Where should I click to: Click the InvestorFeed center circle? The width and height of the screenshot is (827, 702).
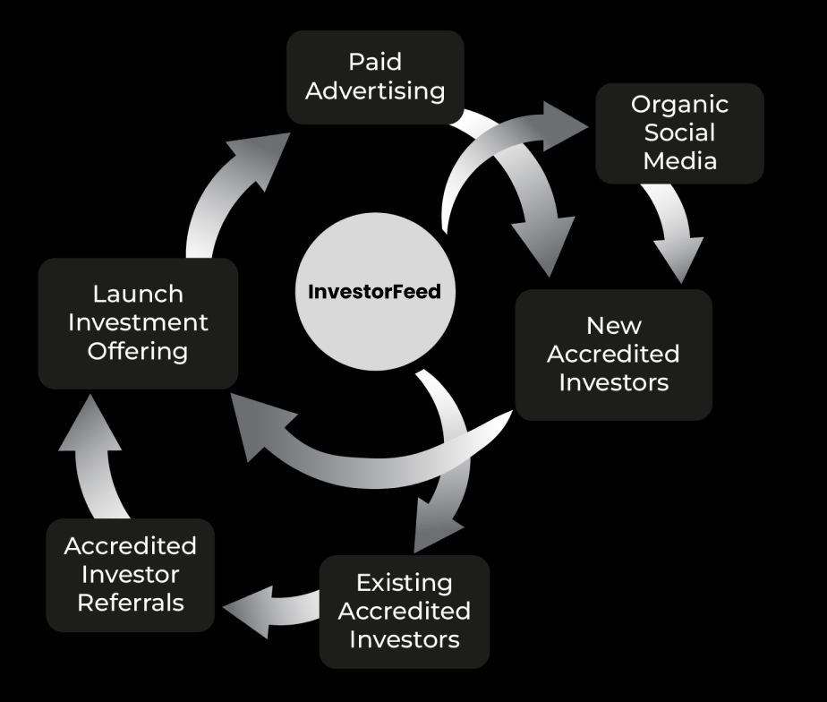point(375,292)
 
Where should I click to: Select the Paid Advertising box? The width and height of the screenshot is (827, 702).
point(375,77)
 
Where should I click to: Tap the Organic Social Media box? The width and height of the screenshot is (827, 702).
point(679,133)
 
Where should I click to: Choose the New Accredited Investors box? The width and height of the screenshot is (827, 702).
point(613,354)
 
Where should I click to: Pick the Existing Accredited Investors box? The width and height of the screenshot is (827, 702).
point(404,611)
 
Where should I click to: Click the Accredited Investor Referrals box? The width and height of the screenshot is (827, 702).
point(130,575)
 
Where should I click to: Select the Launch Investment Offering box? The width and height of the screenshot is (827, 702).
point(137,322)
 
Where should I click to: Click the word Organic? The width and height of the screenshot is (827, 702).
point(679,104)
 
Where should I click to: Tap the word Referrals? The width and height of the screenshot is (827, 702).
point(130,603)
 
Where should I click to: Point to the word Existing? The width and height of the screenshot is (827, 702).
point(404,583)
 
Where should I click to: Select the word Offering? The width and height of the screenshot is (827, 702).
point(137,350)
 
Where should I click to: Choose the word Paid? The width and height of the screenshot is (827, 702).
point(375,62)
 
